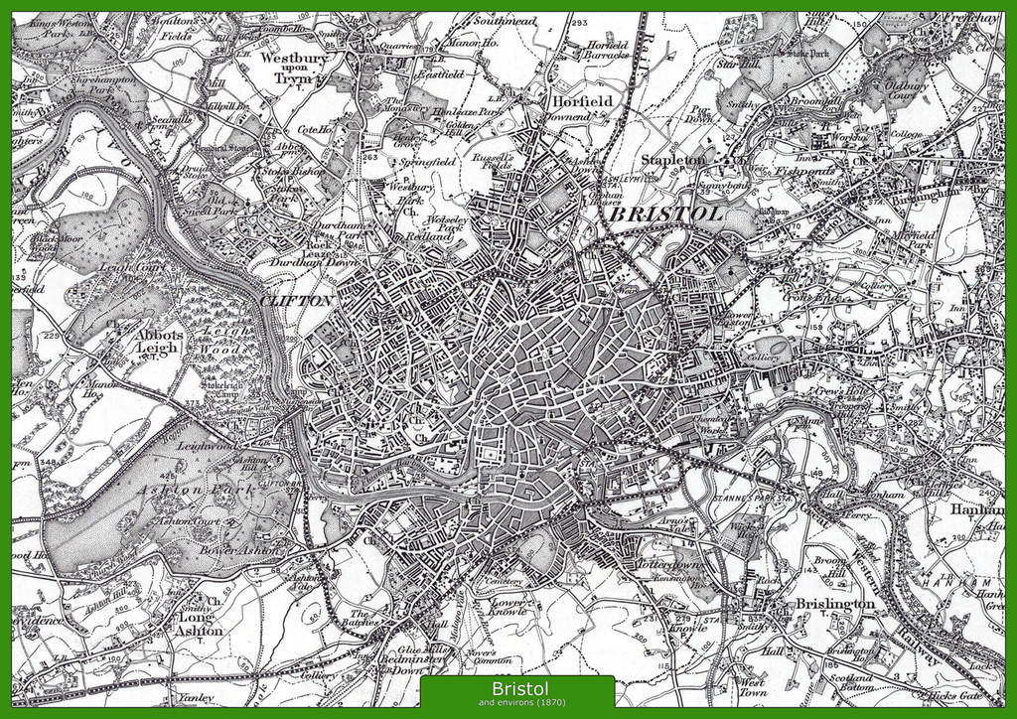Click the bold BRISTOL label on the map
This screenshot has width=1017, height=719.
point(665,215)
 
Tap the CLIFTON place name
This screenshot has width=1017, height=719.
point(296,299)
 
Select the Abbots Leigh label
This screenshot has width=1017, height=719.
point(159,342)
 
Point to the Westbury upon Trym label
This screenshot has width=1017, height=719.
point(293,68)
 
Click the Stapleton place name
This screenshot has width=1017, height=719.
point(673,159)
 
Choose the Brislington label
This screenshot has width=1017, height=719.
point(834,603)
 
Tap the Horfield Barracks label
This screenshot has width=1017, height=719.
point(606,50)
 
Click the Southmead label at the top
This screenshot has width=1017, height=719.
point(505,19)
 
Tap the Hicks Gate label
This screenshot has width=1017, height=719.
point(954,695)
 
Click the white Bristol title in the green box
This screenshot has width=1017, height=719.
point(516,688)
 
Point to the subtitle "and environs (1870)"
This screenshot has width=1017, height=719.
point(516,703)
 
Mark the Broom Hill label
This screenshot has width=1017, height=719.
point(830,566)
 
